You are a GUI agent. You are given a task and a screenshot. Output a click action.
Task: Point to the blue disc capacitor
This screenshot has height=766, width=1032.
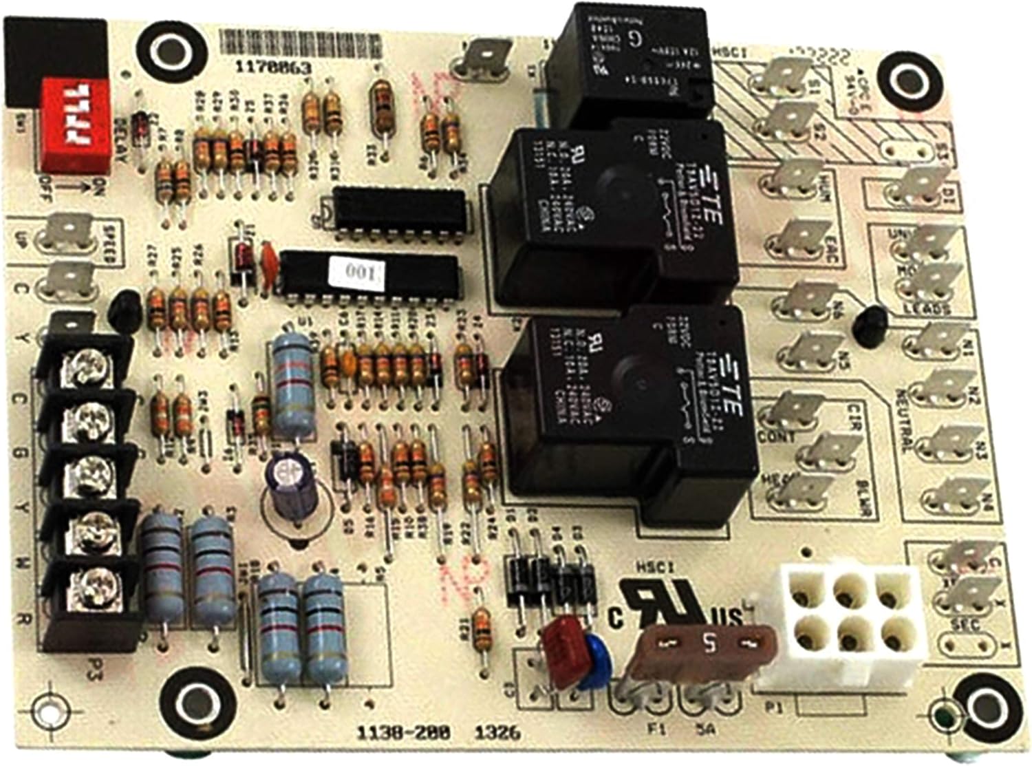592,663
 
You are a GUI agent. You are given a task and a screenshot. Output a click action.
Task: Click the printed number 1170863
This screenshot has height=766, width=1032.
273,68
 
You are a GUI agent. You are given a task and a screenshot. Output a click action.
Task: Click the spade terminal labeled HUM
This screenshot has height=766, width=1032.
797,178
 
